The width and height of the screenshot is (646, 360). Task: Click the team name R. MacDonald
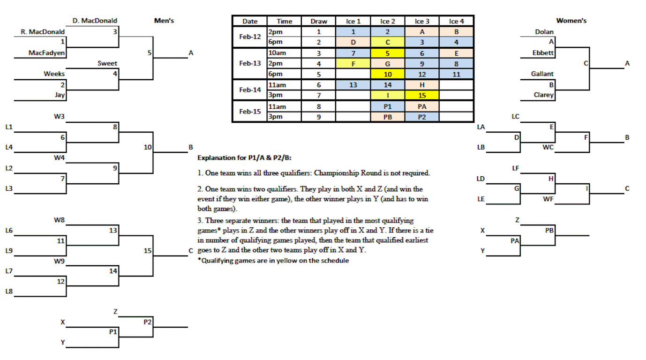tap(43, 32)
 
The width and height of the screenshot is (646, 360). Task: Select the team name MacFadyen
tap(47, 53)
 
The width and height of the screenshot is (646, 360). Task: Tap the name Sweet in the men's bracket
tap(107, 63)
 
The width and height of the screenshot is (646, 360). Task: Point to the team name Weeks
tap(54, 74)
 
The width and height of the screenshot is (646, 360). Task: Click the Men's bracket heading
tap(164, 21)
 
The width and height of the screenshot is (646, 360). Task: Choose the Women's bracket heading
tap(571, 21)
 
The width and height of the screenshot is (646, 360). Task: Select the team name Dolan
tap(544, 32)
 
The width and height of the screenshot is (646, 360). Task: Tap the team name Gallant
tap(542, 74)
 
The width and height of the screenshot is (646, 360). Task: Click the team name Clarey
tap(544, 95)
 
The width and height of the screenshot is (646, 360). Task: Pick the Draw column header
tap(319, 21)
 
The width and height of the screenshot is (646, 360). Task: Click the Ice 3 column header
tap(422, 21)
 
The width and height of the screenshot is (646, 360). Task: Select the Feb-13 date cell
tap(250, 63)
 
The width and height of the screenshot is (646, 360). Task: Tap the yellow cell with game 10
tap(388, 74)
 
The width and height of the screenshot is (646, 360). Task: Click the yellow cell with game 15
tap(422, 96)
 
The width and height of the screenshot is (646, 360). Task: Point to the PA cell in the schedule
tap(422, 106)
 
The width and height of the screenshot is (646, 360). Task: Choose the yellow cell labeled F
tap(353, 64)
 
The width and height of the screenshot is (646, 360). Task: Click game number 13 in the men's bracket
tap(113, 230)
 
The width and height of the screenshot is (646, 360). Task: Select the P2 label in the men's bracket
tap(148, 322)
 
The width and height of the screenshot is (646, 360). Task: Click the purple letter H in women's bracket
tap(551, 178)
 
